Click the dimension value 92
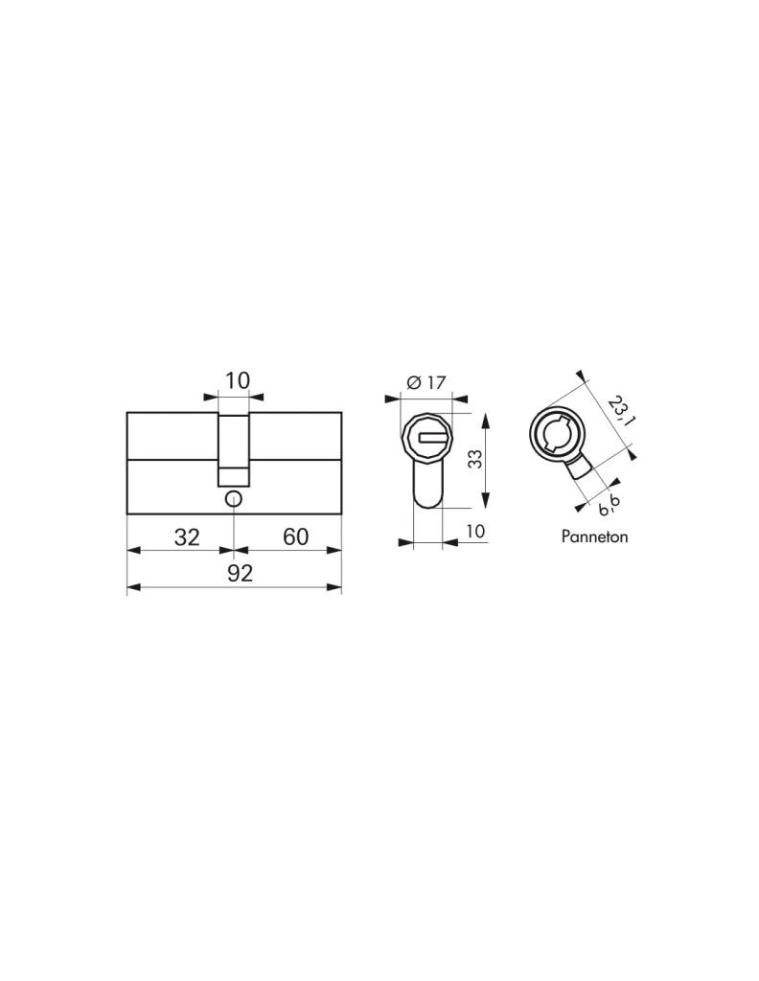(x=240, y=573)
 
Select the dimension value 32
(x=187, y=536)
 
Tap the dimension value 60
(x=295, y=536)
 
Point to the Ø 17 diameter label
(x=426, y=381)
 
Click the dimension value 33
(x=475, y=460)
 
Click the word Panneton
(x=594, y=536)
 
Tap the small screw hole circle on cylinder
(x=234, y=498)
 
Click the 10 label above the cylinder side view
(x=237, y=380)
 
